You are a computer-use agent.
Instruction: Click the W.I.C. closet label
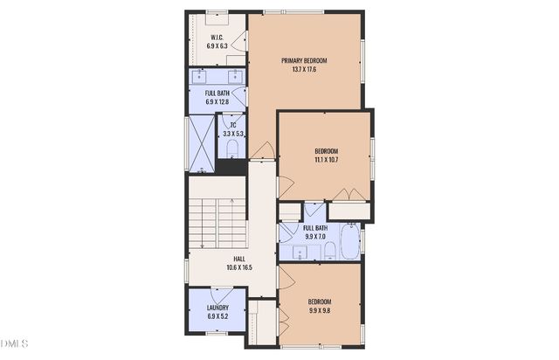pyautogui.click(x=217, y=37)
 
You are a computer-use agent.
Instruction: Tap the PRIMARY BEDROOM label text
pyautogui.click(x=304, y=60)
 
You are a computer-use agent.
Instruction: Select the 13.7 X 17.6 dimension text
pyautogui.click(x=304, y=69)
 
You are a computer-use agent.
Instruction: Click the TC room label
pyautogui.click(x=233, y=125)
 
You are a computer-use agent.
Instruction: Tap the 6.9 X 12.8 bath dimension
pyautogui.click(x=217, y=102)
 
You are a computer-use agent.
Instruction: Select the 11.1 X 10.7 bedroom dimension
pyautogui.click(x=326, y=160)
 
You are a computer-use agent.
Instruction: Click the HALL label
pyautogui.click(x=238, y=259)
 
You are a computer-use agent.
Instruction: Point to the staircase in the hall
pyautogui.click(x=217, y=223)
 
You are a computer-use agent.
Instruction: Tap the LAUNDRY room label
pyautogui.click(x=217, y=308)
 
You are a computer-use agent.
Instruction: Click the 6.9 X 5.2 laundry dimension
pyautogui.click(x=217, y=316)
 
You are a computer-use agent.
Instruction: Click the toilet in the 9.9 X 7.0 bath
pyautogui.click(x=330, y=252)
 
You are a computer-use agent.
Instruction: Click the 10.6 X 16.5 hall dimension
pyautogui.click(x=238, y=267)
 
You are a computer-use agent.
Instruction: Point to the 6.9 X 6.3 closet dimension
pyautogui.click(x=217, y=45)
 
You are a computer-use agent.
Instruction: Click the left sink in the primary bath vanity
pyautogui.click(x=203, y=76)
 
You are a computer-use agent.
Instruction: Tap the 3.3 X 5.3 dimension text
pyautogui.click(x=233, y=134)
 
